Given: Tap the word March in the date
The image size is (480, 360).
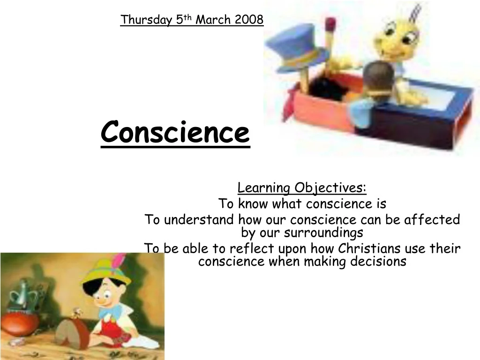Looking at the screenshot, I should [x=213, y=20].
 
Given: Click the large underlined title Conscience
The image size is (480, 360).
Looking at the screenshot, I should [x=175, y=133].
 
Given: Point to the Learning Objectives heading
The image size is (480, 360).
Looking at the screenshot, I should [x=302, y=187].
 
